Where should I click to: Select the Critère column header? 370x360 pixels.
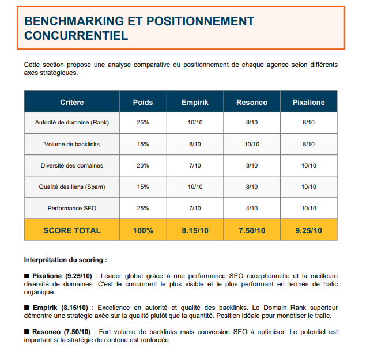[x=72, y=102]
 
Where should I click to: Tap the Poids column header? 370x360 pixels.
[x=143, y=102]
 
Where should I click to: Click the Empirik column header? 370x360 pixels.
[x=195, y=102]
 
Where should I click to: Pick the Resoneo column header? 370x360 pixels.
[x=252, y=102]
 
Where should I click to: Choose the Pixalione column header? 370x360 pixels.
[x=308, y=102]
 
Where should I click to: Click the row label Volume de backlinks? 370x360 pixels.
[x=72, y=144]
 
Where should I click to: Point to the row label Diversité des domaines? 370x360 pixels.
[x=72, y=165]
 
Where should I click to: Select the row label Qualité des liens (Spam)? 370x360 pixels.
[x=72, y=187]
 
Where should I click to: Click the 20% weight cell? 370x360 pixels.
[x=143, y=165]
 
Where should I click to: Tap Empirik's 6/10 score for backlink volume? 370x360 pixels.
[x=195, y=144]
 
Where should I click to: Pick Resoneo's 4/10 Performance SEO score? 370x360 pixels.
[x=252, y=208]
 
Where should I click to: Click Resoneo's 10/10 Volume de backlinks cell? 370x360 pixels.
[x=252, y=144]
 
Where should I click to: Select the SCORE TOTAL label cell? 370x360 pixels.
[x=72, y=230]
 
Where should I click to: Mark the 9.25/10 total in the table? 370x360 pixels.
[x=308, y=230]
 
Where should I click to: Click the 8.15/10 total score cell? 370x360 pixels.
[x=195, y=230]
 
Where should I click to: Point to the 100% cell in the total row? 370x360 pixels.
[x=143, y=230]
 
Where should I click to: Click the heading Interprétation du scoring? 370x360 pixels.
[x=65, y=260]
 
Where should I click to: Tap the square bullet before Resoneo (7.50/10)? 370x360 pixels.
[x=27, y=332]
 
